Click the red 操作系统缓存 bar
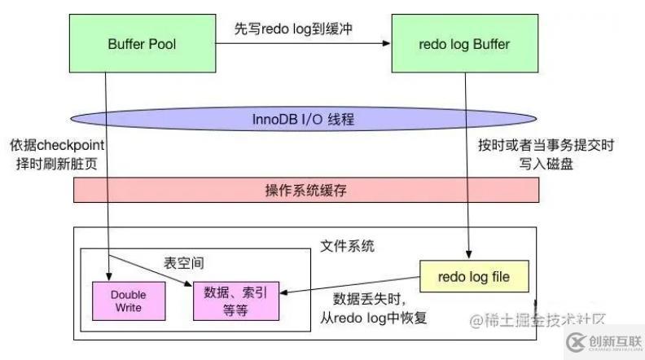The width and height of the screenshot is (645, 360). (305, 189)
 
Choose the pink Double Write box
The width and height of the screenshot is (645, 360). (127, 302)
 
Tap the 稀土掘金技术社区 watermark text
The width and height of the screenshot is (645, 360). (537, 319)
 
